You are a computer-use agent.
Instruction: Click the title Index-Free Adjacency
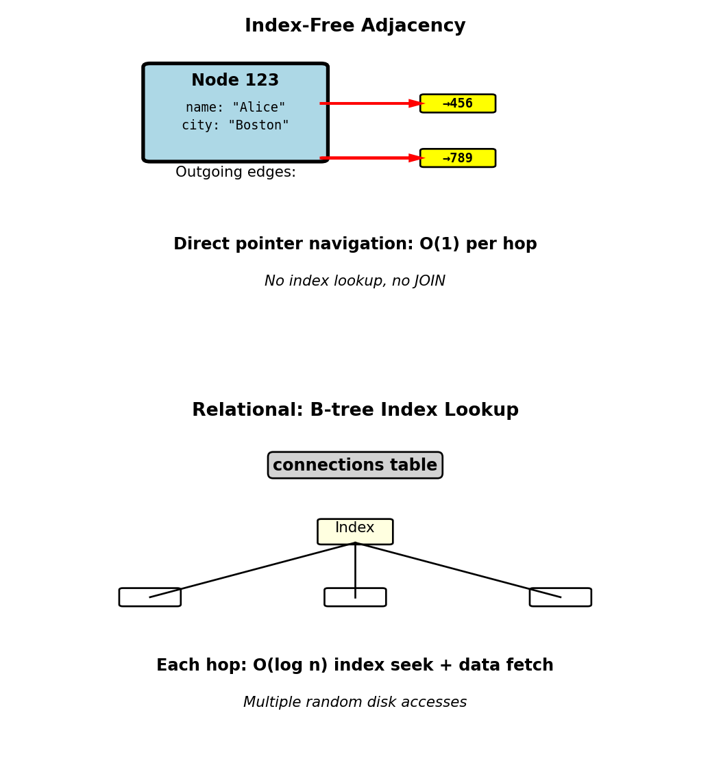point(355,26)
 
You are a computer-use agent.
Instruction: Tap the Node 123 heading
point(235,81)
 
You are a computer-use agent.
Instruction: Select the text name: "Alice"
point(235,108)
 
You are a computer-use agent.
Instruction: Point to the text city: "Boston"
point(235,125)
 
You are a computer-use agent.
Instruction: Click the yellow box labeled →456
point(458,103)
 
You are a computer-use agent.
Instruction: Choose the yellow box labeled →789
point(458,158)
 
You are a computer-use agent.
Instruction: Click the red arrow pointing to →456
point(370,103)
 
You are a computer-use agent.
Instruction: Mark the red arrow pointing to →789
point(370,158)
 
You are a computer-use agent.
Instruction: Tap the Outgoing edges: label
point(236,173)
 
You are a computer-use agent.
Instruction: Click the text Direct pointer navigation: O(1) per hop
point(355,245)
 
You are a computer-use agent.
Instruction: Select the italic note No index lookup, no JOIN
point(355,282)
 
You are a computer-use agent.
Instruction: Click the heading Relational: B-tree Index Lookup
point(355,410)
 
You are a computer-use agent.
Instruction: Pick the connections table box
point(355,465)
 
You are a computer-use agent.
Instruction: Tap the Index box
point(355,531)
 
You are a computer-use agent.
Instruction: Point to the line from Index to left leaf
point(252,570)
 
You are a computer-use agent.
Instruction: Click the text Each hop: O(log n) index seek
point(355,666)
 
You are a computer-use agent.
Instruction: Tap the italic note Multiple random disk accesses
point(355,703)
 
